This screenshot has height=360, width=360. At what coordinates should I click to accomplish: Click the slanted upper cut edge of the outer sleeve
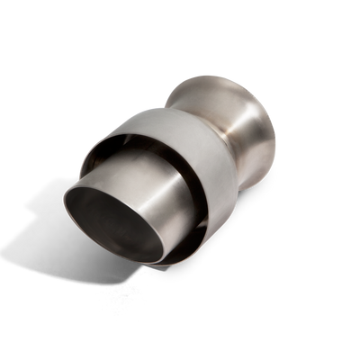tap(135, 135)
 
